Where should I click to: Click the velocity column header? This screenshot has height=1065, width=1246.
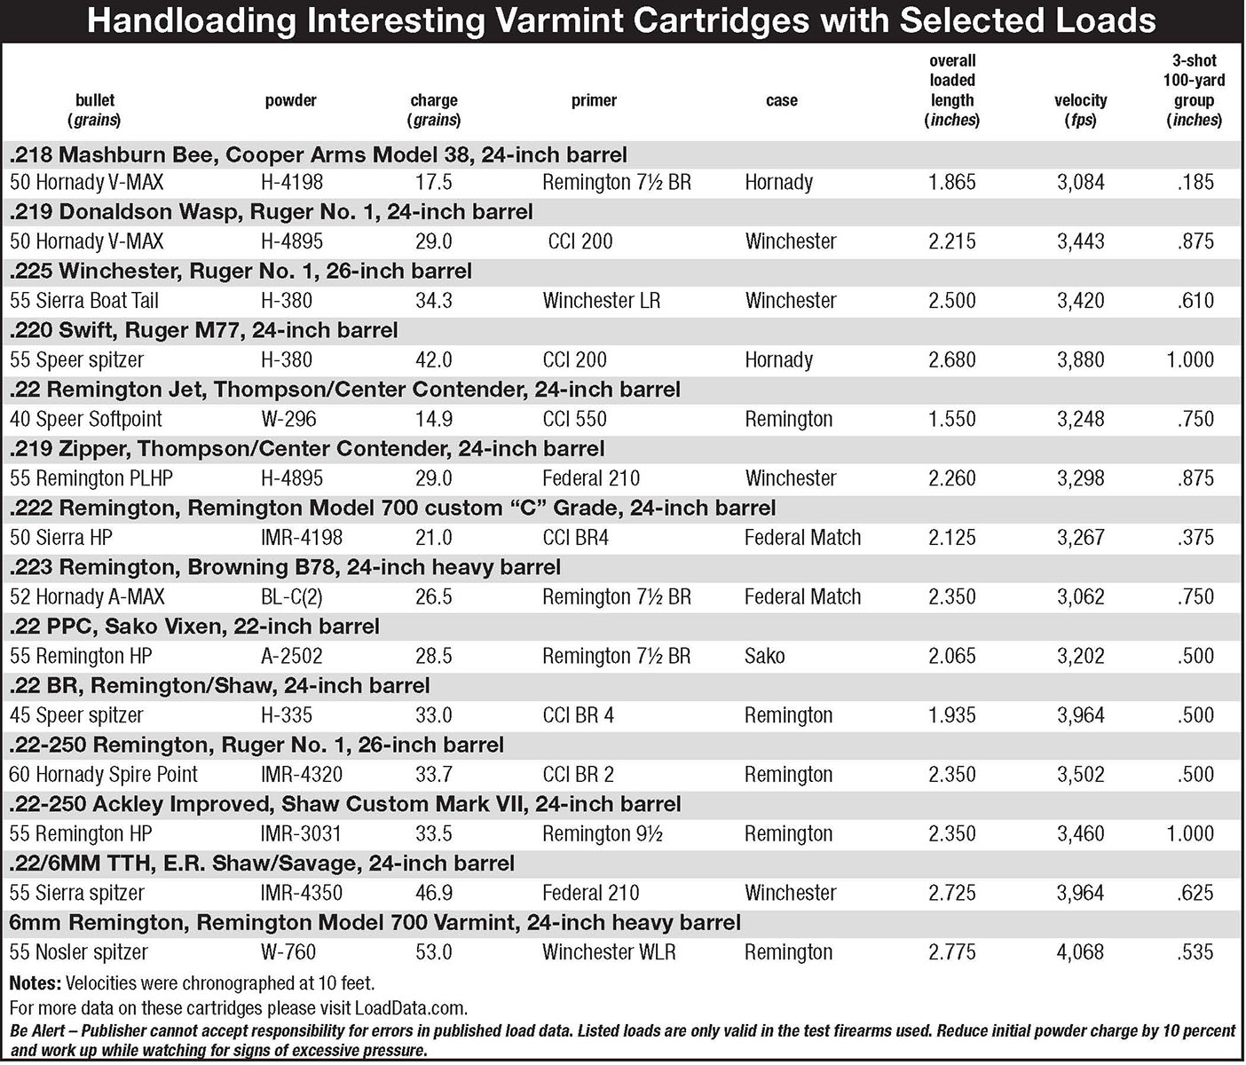tap(1080, 110)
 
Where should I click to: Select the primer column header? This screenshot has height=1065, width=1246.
tap(594, 100)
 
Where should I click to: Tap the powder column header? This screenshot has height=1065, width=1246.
tap(290, 100)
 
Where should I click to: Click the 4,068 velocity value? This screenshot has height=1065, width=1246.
tap(1080, 952)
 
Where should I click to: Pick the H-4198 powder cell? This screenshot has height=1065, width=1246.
tap(292, 183)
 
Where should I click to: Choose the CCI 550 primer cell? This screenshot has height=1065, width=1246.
tap(574, 419)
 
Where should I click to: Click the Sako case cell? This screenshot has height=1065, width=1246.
tap(765, 656)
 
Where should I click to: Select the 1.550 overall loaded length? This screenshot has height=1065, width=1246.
tap(951, 419)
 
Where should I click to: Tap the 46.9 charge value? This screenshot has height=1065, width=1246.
tap(434, 893)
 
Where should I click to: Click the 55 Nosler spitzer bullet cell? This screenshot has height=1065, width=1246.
tap(79, 952)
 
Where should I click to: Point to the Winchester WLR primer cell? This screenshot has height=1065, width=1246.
tap(609, 952)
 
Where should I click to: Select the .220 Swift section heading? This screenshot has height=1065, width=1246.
tap(203, 330)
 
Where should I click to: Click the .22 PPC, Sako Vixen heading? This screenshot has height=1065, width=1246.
tap(194, 627)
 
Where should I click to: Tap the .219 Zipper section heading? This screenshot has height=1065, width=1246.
tap(306, 448)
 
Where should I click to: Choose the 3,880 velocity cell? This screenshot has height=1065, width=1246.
tap(1080, 360)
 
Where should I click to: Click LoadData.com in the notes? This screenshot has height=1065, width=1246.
tap(411, 1008)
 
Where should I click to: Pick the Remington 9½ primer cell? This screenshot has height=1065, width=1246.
tap(602, 834)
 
